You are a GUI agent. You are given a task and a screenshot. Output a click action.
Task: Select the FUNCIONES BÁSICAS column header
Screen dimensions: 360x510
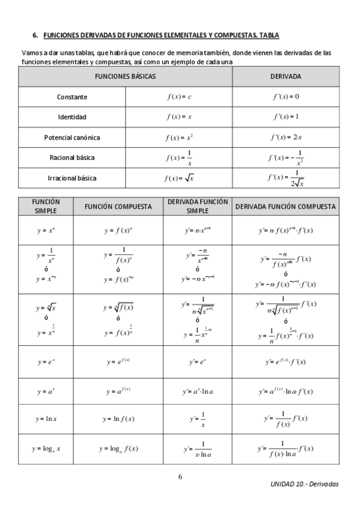pyautogui.click(x=125, y=77)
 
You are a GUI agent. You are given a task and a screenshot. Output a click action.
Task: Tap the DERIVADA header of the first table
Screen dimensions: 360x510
pyautogui.click(x=286, y=77)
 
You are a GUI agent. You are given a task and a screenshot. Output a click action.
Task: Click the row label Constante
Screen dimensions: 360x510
pyautogui.click(x=72, y=97)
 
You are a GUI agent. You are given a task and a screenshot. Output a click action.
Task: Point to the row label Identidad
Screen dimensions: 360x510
pyautogui.click(x=72, y=117)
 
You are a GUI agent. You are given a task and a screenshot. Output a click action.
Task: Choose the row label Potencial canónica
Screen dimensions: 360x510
pyautogui.click(x=72, y=137)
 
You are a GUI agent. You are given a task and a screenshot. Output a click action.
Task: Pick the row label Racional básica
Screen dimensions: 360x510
pyautogui.click(x=72, y=158)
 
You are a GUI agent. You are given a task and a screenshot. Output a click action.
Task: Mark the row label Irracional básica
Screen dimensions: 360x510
pyautogui.click(x=72, y=178)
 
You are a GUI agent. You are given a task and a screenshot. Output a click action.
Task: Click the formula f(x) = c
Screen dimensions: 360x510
pyautogui.click(x=178, y=97)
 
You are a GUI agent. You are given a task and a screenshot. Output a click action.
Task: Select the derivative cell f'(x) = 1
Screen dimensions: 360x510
pyautogui.click(x=286, y=117)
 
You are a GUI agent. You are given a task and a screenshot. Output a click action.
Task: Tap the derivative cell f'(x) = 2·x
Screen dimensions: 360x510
pyautogui.click(x=286, y=137)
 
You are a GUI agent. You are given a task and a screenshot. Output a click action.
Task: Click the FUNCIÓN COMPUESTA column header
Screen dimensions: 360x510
pyautogui.click(x=118, y=206)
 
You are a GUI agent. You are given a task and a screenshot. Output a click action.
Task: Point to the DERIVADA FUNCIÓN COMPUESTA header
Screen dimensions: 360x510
pyautogui.click(x=285, y=206)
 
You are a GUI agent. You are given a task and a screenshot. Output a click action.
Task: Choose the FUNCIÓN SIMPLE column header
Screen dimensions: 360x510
pyautogui.click(x=46, y=206)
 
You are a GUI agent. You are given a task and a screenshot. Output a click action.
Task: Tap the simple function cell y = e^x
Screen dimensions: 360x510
pyautogui.click(x=46, y=361)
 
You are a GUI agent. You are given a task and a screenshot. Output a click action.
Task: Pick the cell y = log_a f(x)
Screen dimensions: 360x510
pyautogui.click(x=118, y=448)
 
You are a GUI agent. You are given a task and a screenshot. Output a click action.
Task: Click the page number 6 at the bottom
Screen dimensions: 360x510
pyautogui.click(x=180, y=477)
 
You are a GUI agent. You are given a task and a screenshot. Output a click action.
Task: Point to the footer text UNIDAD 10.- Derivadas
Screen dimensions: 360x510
pyautogui.click(x=305, y=484)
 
